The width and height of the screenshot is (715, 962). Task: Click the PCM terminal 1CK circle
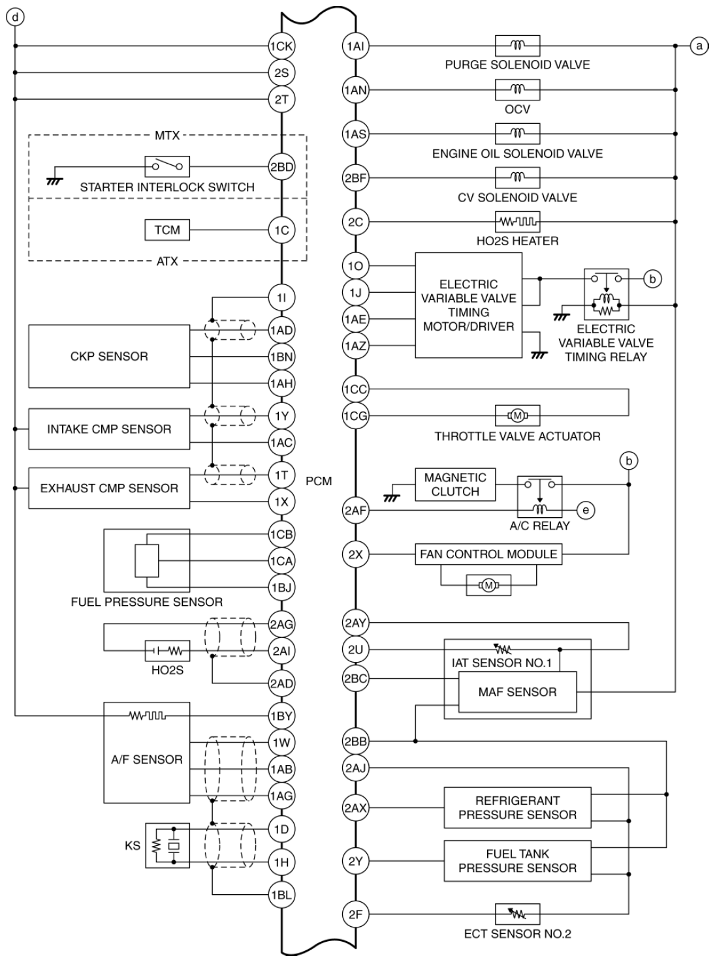[281, 46]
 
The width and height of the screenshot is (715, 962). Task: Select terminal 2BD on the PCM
[281, 167]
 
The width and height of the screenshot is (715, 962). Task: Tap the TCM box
[167, 230]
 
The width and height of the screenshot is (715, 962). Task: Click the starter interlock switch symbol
[167, 166]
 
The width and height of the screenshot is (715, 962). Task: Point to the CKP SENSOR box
[109, 357]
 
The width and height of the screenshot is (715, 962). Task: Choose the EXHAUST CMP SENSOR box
[109, 488]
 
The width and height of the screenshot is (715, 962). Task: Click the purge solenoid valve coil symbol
[517, 46]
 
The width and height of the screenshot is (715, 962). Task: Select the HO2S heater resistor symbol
[517, 222]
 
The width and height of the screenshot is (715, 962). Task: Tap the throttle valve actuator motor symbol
[517, 416]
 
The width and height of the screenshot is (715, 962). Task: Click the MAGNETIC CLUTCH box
[455, 485]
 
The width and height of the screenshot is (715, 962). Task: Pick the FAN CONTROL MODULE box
[488, 554]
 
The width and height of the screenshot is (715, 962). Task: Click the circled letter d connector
[15, 18]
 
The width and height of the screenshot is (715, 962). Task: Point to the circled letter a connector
[699, 46]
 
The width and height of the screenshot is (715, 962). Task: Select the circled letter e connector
[586, 511]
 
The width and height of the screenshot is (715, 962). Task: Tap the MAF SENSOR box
[517, 692]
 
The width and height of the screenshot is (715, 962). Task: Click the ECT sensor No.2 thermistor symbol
[517, 914]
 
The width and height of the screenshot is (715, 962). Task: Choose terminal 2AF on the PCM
[355, 511]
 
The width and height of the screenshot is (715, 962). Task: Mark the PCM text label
[319, 481]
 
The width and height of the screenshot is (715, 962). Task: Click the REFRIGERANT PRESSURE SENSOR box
[517, 807]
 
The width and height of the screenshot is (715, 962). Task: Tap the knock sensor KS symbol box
[167, 846]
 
